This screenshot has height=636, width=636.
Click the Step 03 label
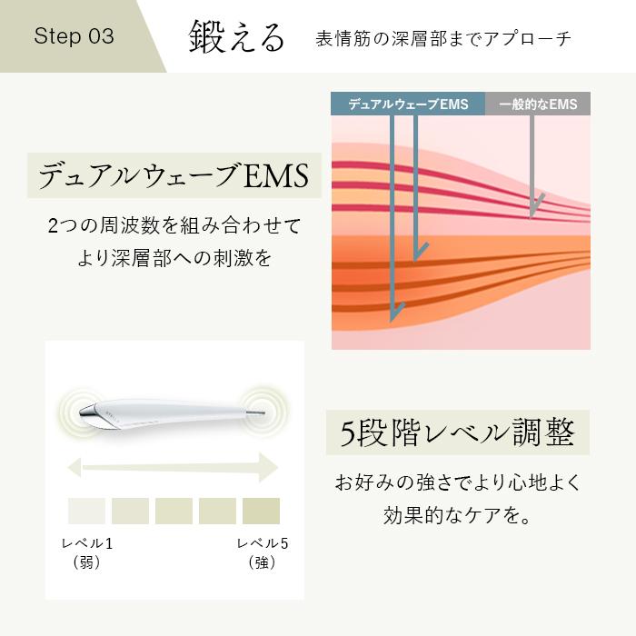click(74, 36)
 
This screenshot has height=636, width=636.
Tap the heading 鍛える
click(236, 37)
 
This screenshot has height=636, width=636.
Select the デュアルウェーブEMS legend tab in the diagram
click(408, 104)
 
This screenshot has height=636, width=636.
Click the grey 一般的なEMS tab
click(538, 104)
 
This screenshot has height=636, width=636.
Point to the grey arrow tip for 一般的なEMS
click(532, 214)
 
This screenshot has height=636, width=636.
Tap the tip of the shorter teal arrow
click(417, 258)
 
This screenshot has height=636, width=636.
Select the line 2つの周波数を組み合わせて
click(174, 224)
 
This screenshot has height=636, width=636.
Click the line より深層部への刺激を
click(174, 257)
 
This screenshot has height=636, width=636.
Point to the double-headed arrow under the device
click(174, 469)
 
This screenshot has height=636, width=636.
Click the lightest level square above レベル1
click(87, 511)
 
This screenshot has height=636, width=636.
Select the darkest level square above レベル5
click(261, 511)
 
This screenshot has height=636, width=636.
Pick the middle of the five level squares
click(174, 511)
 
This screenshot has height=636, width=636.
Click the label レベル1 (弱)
click(86, 553)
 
